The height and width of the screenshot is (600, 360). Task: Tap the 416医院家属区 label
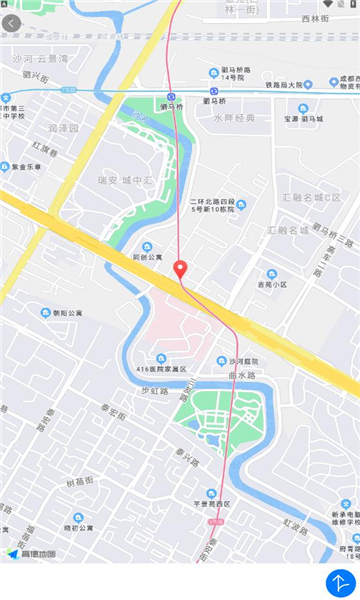pos(163,369)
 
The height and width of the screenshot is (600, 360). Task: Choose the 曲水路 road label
pos(244,375)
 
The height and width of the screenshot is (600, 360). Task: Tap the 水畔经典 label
pos(234,118)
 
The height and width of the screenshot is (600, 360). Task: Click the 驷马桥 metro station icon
pos(172,97)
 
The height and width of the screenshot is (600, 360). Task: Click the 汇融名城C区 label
pos(310,196)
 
